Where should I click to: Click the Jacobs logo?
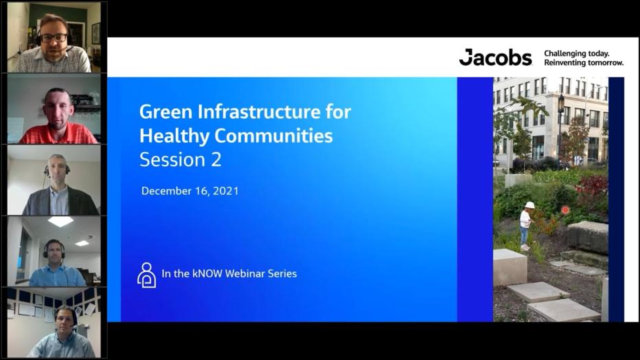(495, 58)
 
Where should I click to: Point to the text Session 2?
(181, 159)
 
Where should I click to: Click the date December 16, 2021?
(190, 191)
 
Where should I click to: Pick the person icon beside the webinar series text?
(146, 274)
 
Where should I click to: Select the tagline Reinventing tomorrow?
(584, 63)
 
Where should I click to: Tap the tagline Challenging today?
(577, 53)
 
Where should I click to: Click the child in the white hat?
(525, 223)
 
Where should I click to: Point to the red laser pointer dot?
(565, 210)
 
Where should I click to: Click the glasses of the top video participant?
(54, 38)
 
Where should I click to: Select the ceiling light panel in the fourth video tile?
(60, 221)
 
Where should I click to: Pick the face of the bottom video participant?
(66, 322)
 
